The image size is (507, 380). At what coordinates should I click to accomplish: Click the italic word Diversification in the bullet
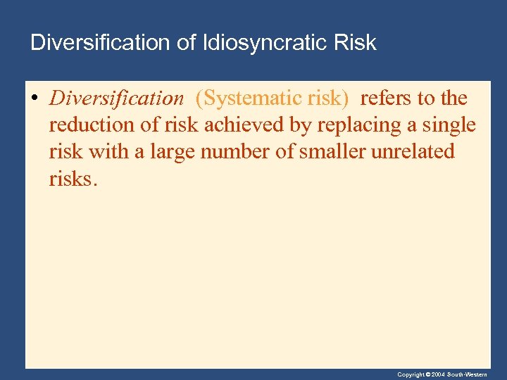(116, 99)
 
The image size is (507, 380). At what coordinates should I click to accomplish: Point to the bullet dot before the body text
(35, 99)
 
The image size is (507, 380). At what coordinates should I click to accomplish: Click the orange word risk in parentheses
(328, 99)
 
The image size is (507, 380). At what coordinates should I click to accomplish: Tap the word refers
(388, 99)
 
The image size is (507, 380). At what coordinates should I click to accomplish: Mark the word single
(446, 125)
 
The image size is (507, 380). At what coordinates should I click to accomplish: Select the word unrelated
(418, 151)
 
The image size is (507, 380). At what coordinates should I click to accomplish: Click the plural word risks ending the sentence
(70, 178)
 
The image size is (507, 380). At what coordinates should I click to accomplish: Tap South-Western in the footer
(470, 374)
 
